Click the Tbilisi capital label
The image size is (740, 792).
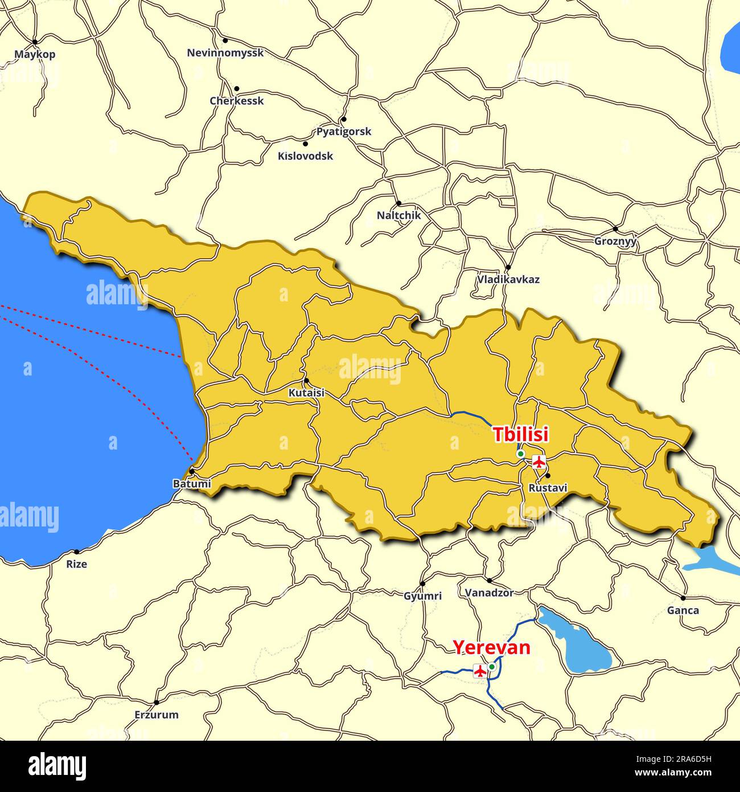point(520,434)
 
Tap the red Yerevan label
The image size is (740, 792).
point(491,648)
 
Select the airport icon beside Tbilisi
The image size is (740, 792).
point(538,462)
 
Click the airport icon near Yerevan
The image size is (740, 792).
point(480,671)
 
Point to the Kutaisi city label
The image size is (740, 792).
point(306,393)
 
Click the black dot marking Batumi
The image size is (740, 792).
point(192,471)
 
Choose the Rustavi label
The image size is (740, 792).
point(548,488)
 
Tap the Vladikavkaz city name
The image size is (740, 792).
point(508,279)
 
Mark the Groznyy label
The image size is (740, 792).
point(615,241)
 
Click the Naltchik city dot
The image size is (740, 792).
point(398,203)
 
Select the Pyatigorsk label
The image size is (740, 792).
point(344,131)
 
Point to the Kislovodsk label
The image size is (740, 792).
point(305,156)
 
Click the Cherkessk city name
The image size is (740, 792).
point(237,101)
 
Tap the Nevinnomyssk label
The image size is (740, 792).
point(225,53)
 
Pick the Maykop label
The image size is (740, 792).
point(35,54)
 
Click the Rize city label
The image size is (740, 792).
point(77,564)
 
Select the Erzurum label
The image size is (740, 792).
point(157,714)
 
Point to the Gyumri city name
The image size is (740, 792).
point(422,595)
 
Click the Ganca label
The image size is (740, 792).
point(683,610)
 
